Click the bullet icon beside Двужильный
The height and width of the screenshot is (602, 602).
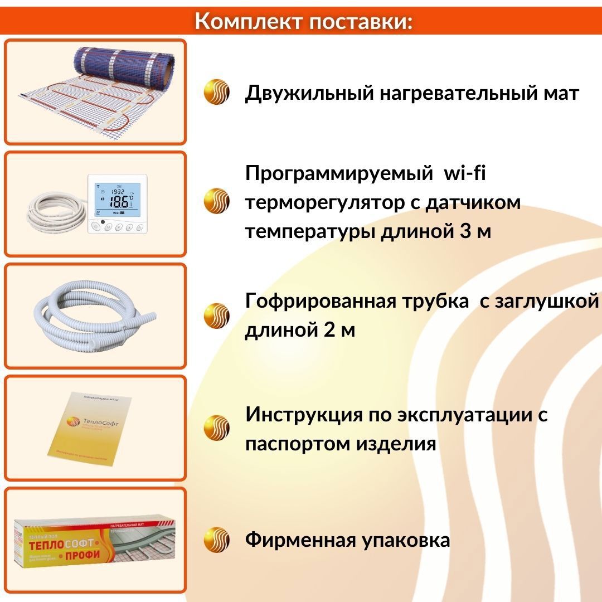[x=216, y=93]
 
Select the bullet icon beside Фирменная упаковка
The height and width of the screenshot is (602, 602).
[x=216, y=540]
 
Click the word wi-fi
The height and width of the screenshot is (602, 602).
[x=465, y=173]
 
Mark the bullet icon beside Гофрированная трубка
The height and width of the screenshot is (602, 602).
[x=216, y=315]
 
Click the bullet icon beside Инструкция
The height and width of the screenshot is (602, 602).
[x=216, y=428]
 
